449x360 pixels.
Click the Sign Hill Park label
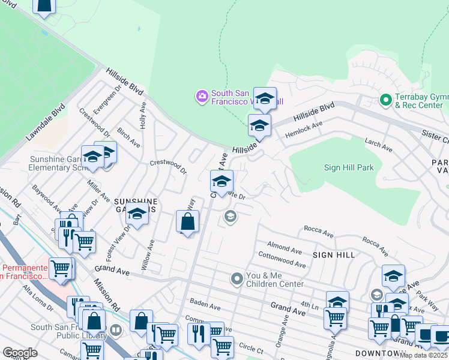click(349, 167)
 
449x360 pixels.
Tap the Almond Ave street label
click(285, 248)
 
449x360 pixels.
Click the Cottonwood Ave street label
click(283, 262)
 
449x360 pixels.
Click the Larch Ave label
click(378, 145)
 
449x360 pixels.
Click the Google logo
click(20, 352)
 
